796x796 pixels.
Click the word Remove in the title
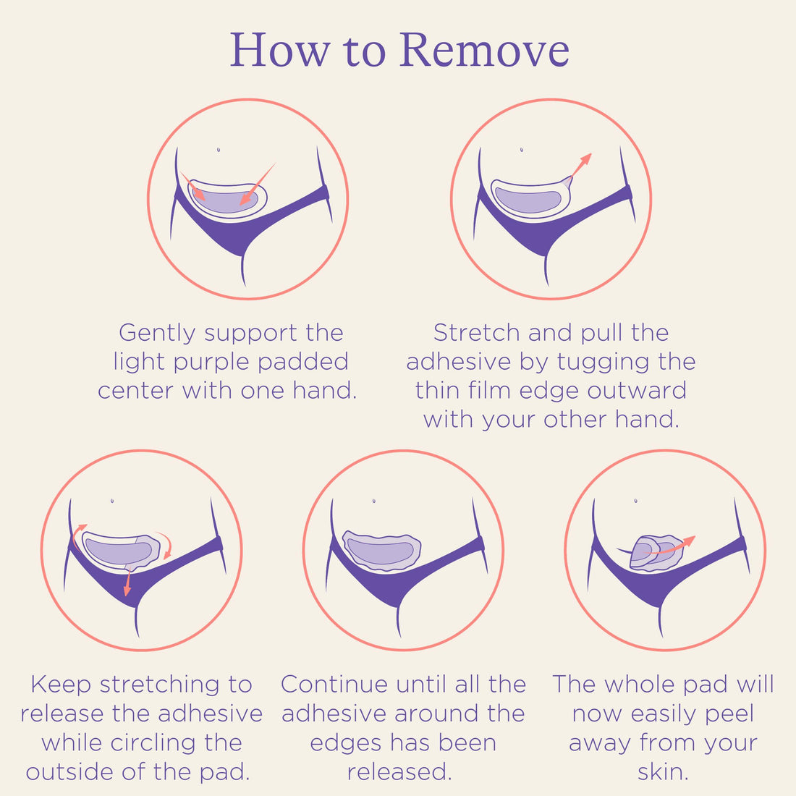click(x=484, y=50)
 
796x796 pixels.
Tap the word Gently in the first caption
click(x=157, y=333)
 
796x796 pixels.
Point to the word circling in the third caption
click(x=191, y=743)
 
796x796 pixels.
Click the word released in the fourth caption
click(x=399, y=772)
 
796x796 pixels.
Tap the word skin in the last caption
click(x=662, y=772)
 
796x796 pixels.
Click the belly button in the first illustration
click(x=219, y=150)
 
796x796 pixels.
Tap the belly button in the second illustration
click(x=522, y=150)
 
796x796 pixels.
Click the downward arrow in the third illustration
click(x=127, y=583)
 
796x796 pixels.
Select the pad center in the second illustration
click(x=528, y=200)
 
